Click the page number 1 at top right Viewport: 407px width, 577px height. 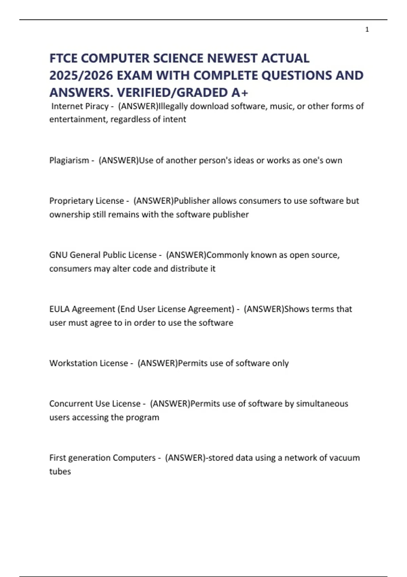click(367, 30)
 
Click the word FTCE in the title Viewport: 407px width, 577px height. click(63, 58)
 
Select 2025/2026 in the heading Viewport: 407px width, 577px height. click(81, 75)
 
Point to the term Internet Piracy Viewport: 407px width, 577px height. click(80, 106)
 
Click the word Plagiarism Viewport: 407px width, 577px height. click(69, 160)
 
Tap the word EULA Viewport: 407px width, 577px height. click(59, 309)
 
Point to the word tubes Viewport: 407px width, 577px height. click(60, 471)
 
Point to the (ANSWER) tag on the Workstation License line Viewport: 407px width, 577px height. click(158, 363)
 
